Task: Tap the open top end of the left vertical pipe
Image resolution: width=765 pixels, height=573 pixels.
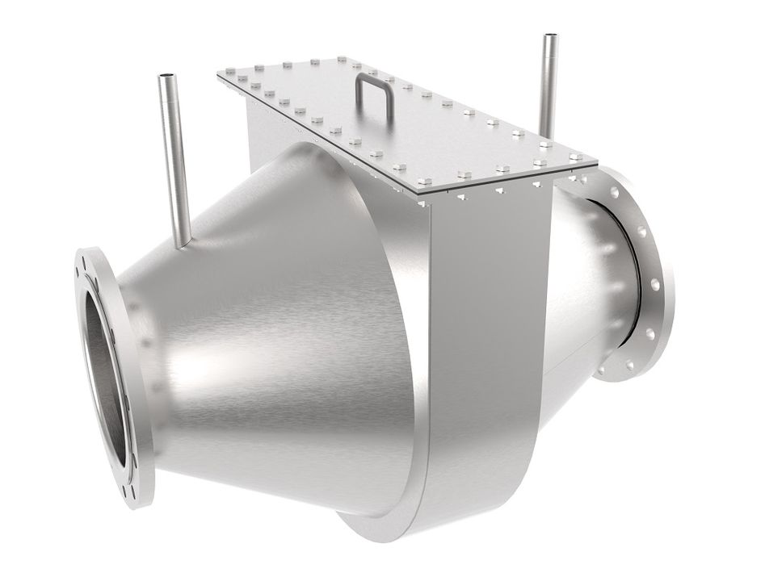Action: (166, 78)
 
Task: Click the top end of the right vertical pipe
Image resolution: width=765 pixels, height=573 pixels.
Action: (552, 37)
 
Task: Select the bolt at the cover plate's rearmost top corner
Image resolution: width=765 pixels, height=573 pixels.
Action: (342, 59)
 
